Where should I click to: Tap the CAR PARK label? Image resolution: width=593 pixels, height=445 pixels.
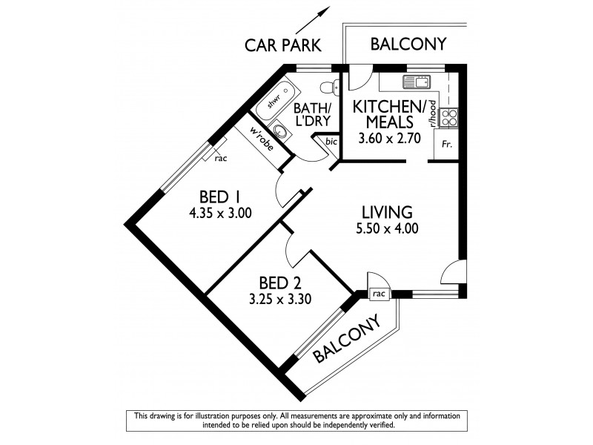tap(283, 46)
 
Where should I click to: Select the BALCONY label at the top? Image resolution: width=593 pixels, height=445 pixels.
tap(408, 44)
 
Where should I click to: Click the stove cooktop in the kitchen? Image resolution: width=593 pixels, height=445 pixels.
tap(448, 116)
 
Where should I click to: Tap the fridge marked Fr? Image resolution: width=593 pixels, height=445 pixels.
tap(446, 145)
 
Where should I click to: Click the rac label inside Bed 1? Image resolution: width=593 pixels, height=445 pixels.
tap(221, 158)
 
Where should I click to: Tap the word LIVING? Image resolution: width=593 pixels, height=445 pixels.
tap(387, 211)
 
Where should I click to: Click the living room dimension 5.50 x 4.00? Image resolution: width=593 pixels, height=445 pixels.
tap(387, 229)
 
